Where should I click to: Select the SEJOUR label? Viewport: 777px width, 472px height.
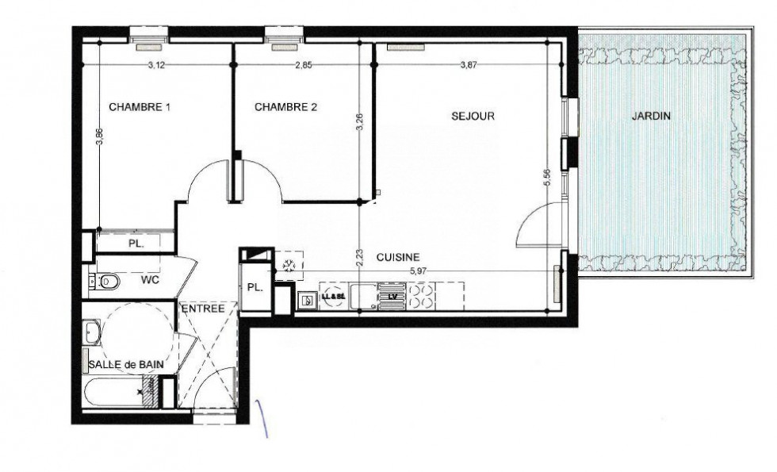(473, 116)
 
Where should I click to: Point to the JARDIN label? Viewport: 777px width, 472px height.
(651, 116)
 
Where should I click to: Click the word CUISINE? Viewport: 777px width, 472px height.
(397, 257)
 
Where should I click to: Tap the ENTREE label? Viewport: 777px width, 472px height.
(204, 308)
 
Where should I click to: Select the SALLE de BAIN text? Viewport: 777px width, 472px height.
(127, 363)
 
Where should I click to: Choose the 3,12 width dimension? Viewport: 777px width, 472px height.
(156, 66)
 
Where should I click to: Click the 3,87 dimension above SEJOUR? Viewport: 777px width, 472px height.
(469, 66)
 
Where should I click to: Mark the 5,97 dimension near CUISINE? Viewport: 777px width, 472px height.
(417, 270)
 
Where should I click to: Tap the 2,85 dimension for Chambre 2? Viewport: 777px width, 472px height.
(303, 66)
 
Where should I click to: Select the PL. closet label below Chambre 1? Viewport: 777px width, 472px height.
(136, 243)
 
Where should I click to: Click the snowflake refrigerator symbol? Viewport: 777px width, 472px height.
(289, 264)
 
